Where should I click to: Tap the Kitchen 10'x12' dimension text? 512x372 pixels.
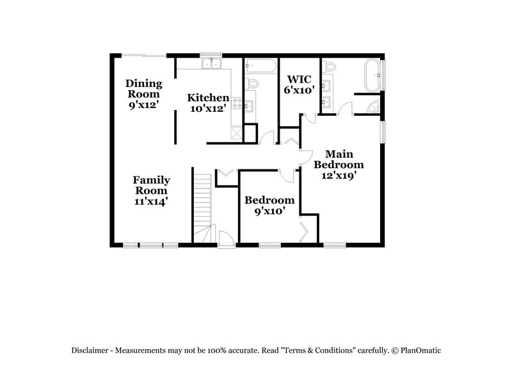point(208,109)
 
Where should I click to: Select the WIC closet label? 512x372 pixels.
point(299,79)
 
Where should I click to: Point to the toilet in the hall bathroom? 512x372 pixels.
point(253,83)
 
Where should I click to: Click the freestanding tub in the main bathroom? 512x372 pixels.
point(372,74)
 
